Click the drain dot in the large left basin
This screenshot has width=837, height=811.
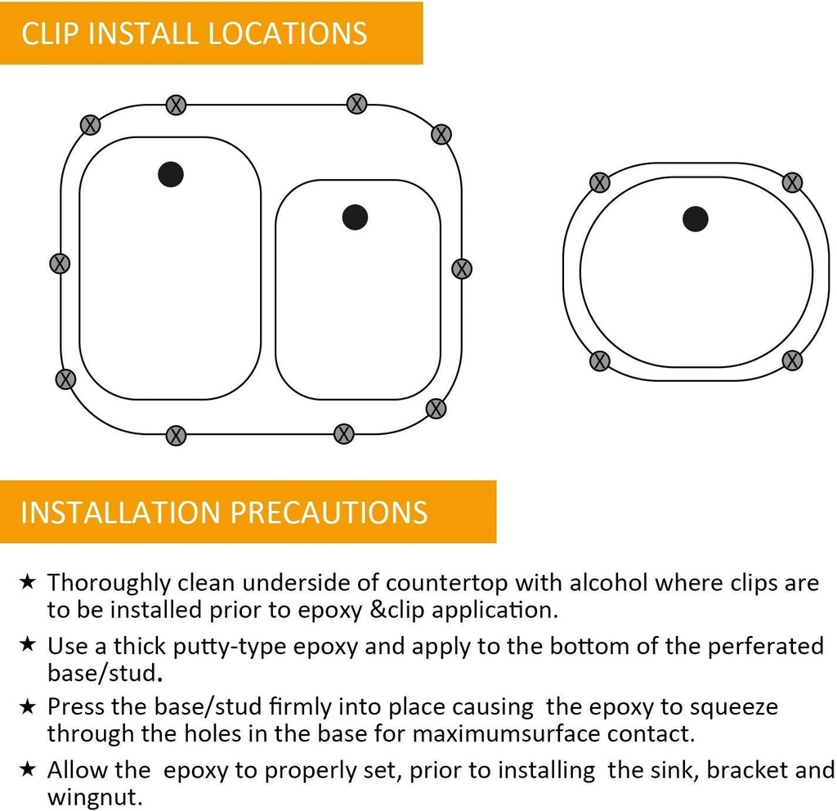[170, 174]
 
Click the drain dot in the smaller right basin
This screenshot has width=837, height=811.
[355, 217]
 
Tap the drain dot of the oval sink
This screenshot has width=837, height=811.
[695, 218]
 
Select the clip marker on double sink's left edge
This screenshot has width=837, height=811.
[60, 263]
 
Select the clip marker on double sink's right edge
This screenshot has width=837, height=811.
[462, 268]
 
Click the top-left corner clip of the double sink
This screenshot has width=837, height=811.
[91, 125]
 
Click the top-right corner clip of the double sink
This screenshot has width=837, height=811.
[441, 134]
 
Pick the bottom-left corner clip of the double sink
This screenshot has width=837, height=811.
[65, 379]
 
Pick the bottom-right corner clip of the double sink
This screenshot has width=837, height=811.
[436, 409]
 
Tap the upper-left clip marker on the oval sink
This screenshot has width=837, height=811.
[599, 182]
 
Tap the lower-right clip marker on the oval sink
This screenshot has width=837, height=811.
[791, 360]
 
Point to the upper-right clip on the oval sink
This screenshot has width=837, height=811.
[791, 182]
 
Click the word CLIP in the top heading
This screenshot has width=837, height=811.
[51, 34]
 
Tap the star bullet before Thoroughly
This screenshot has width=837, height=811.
[28, 582]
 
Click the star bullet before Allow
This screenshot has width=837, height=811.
[28, 769]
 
